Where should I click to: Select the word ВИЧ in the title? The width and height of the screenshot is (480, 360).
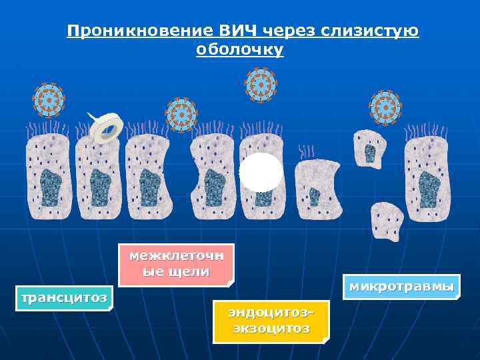tap(236, 31)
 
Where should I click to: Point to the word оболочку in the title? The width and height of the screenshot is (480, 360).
tap(240, 51)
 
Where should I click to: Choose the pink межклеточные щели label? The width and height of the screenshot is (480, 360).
tap(177, 263)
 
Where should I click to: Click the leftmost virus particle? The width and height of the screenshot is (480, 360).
tap(49, 101)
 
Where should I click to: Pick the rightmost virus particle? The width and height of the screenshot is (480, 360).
tap(385, 107)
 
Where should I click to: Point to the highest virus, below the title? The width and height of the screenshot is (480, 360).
tap(261, 85)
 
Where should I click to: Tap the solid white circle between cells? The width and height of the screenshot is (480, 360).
tap(261, 172)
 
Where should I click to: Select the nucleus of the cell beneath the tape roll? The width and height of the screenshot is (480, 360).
tap(100, 187)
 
